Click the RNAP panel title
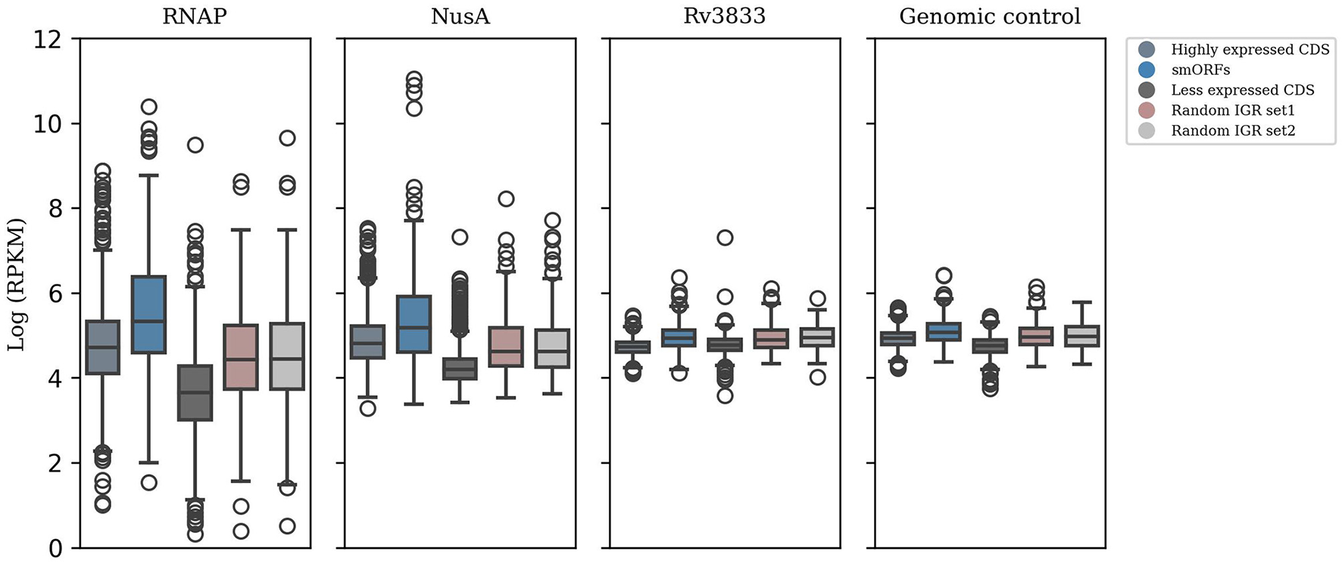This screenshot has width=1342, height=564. [x=195, y=17]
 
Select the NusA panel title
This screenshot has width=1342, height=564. [x=460, y=17]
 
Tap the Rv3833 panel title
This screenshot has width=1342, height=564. [x=725, y=17]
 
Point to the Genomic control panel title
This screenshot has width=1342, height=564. [x=990, y=17]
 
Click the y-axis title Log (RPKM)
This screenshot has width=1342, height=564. [x=17, y=285]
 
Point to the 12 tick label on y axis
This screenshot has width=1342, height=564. [x=47, y=39]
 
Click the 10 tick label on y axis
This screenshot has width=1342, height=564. [x=47, y=124]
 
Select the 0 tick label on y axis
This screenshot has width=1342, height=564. [x=55, y=548]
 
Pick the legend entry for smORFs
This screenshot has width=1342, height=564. [x=1200, y=70]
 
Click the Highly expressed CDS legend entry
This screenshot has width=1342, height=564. [x=1250, y=49]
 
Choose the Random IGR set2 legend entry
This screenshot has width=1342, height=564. [x=1233, y=131]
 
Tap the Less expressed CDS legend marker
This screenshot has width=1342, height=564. [x=1147, y=90]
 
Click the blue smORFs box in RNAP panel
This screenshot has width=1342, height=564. [x=148, y=314]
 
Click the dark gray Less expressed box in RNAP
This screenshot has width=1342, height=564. [x=195, y=393]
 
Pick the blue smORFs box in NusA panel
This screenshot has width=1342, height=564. [x=414, y=324]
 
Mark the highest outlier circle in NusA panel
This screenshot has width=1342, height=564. [x=414, y=78]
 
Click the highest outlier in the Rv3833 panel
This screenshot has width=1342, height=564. [x=725, y=238]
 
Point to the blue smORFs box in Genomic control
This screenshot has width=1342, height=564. [x=944, y=332]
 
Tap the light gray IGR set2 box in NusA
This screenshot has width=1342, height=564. [x=552, y=348]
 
